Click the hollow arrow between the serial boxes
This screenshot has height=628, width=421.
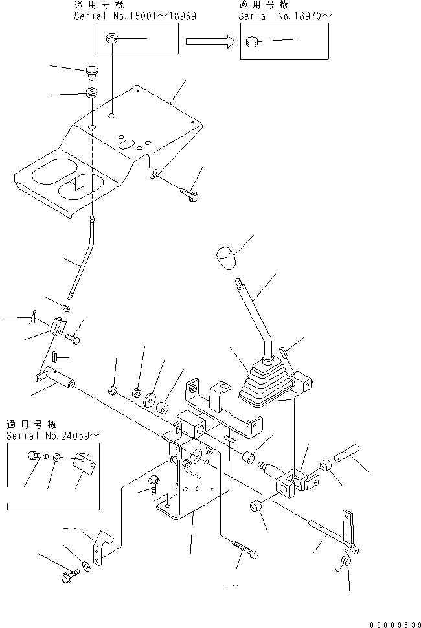coord(209,42)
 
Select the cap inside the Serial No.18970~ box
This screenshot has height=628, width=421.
coord(253,43)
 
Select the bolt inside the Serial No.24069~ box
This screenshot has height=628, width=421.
coord(36,457)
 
